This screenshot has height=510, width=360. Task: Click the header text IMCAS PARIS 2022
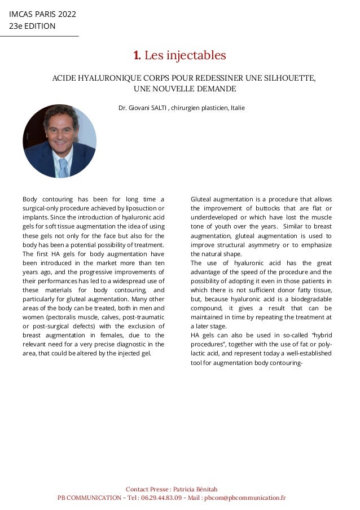[42, 14]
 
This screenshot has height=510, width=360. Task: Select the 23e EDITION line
[32, 26]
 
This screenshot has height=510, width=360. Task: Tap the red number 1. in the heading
[137, 55]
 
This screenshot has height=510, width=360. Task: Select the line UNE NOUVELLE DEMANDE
[184, 89]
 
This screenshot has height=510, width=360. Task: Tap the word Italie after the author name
[237, 107]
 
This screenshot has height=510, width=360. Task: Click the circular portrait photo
[59, 141]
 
